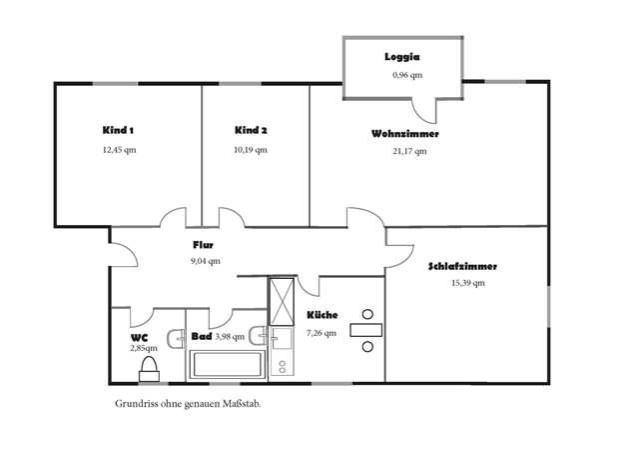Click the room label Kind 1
tap(118, 131)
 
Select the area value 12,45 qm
tap(118, 150)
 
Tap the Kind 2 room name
tap(251, 131)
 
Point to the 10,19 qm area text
tap(251, 150)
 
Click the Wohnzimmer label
tap(404, 133)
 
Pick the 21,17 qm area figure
tap(409, 152)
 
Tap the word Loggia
tap(402, 57)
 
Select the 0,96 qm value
tap(406, 75)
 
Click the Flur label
tap(204, 244)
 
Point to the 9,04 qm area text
tap(206, 261)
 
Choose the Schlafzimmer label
tap(462, 267)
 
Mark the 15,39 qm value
tap(468, 284)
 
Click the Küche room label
tap(320, 315)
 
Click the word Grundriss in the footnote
tap(134, 406)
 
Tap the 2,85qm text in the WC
tap(144, 348)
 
